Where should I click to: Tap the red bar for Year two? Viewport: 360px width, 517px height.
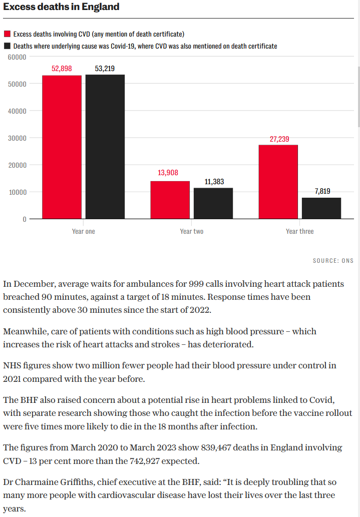pyautogui.click(x=170, y=200)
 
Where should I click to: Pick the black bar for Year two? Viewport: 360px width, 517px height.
pyautogui.click(x=213, y=203)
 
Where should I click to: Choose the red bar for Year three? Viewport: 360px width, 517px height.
pyautogui.click(x=278, y=182)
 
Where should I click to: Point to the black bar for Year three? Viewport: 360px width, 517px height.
pyautogui.click(x=321, y=208)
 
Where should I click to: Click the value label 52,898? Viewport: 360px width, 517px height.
pyautogui.click(x=62, y=69)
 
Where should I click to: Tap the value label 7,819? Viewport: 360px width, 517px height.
pyautogui.click(x=322, y=191)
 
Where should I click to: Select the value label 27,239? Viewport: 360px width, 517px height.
pyautogui.click(x=279, y=139)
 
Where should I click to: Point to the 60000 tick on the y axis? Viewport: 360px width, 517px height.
pyautogui.click(x=17, y=57)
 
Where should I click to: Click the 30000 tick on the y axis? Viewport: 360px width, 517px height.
pyautogui.click(x=17, y=138)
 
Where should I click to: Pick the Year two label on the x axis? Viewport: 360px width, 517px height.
pyautogui.click(x=192, y=231)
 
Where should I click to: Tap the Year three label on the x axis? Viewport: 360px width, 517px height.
pyautogui.click(x=300, y=231)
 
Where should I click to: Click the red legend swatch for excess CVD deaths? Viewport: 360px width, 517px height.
pyautogui.click(x=7, y=34)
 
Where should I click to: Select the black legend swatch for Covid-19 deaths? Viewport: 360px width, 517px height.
pyautogui.click(x=7, y=46)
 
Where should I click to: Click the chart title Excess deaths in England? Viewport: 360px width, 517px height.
pyautogui.click(x=61, y=7)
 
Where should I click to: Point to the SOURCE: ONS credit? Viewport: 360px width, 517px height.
pyautogui.click(x=333, y=261)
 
